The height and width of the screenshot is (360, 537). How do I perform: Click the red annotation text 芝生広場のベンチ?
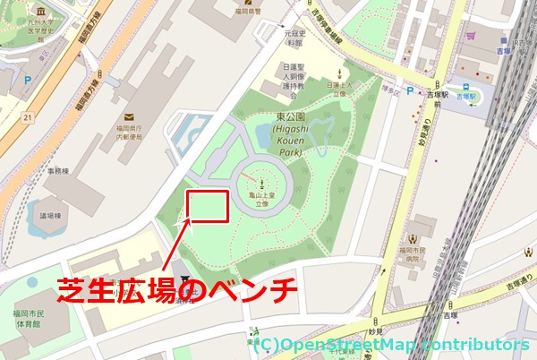click(x=176, y=290)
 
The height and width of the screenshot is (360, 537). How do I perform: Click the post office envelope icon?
click(x=129, y=116)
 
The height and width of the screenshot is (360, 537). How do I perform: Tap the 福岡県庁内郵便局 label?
click(x=129, y=134)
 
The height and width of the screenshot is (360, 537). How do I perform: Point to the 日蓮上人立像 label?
click(x=339, y=87)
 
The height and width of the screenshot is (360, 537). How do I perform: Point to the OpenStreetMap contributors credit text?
click(x=394, y=344)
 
